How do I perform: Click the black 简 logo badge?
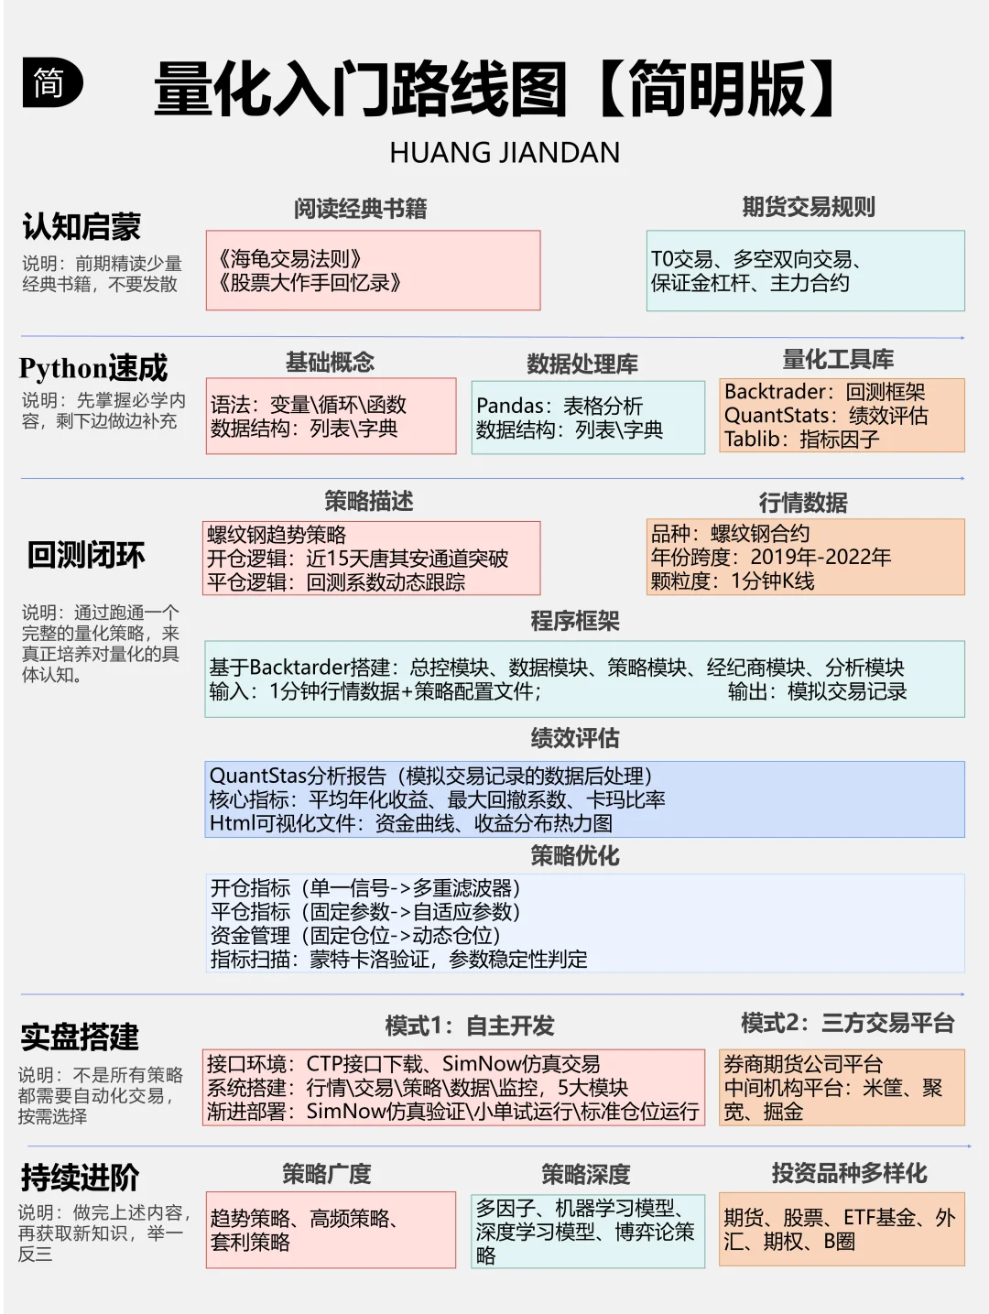click(51, 84)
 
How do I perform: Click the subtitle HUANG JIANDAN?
click(505, 153)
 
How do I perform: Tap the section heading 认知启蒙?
click(82, 226)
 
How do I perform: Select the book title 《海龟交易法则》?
click(290, 259)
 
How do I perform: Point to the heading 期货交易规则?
click(808, 208)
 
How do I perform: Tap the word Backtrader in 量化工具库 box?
click(778, 392)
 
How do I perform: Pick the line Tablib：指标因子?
click(801, 440)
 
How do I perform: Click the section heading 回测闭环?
click(86, 555)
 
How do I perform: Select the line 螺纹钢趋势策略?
click(277, 535)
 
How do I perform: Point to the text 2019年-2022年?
click(821, 558)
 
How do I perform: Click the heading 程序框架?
click(575, 622)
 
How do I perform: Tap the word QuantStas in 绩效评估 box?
click(257, 776)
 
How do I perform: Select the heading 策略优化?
click(575, 856)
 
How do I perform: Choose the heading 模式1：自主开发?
click(470, 1026)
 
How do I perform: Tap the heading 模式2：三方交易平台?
click(847, 1023)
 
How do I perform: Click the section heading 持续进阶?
click(80, 1178)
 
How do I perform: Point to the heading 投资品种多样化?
click(849, 1173)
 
